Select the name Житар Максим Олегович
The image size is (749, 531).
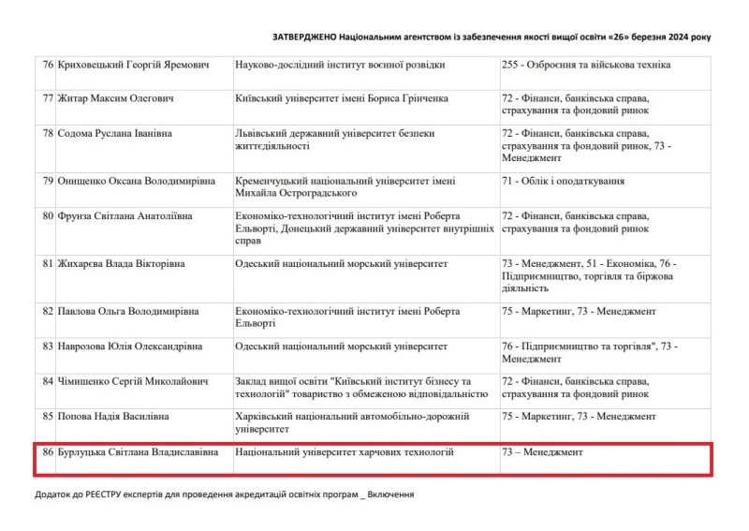[x=115, y=98]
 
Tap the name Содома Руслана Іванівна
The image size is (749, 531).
[x=115, y=134]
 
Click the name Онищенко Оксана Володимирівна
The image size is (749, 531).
[x=137, y=181]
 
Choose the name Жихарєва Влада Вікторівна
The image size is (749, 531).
[x=122, y=264]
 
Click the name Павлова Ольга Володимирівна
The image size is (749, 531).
[x=129, y=311]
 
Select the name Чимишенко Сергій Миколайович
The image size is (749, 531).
[x=130, y=382]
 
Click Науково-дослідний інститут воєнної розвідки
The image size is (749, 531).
[x=340, y=66]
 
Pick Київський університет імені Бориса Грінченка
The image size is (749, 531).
[x=342, y=98]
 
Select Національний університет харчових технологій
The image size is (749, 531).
[x=345, y=452]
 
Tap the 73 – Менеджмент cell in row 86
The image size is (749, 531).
[x=542, y=452]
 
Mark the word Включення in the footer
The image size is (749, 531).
[x=390, y=494]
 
